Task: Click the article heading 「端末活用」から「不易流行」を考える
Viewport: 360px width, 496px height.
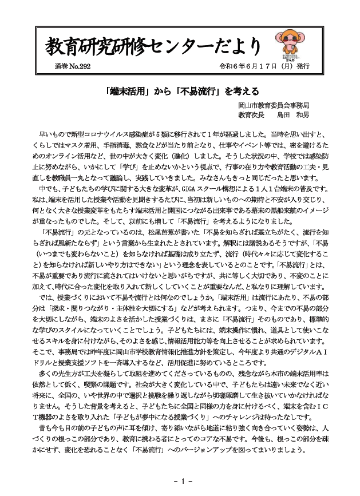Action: click(x=179, y=90)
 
